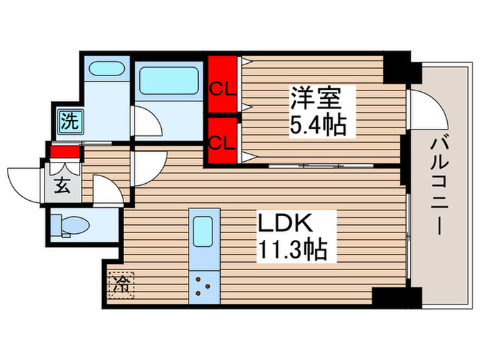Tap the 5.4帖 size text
(x=317, y=125)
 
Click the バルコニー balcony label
(x=439, y=185)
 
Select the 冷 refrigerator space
(x=121, y=283)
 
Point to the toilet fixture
(x=74, y=226)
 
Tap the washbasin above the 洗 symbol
(x=106, y=70)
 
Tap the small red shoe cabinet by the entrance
(x=64, y=152)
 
